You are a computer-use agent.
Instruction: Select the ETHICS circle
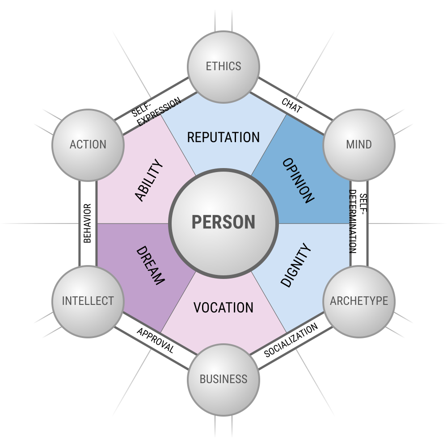click(223, 67)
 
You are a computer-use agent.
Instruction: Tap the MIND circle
click(359, 145)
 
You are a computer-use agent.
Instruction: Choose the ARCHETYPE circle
click(359, 302)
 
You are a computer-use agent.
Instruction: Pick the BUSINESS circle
click(223, 380)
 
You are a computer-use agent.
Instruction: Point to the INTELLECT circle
click(88, 302)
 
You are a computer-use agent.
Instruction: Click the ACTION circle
click(88, 145)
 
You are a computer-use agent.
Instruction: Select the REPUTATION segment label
click(223, 137)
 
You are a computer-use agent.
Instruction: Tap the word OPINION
click(298, 181)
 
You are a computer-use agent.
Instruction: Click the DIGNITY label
click(296, 265)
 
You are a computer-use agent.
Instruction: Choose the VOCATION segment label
click(223, 308)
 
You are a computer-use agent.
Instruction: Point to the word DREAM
click(151, 266)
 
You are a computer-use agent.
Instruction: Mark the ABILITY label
click(149, 181)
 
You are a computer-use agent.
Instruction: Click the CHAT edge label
click(291, 105)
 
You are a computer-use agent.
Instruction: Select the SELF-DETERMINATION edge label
click(358, 222)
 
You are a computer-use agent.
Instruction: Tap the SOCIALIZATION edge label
click(291, 340)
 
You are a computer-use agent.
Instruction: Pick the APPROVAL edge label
click(156, 340)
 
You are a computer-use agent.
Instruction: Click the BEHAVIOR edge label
click(88, 223)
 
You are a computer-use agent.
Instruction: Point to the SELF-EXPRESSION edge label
click(156, 111)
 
